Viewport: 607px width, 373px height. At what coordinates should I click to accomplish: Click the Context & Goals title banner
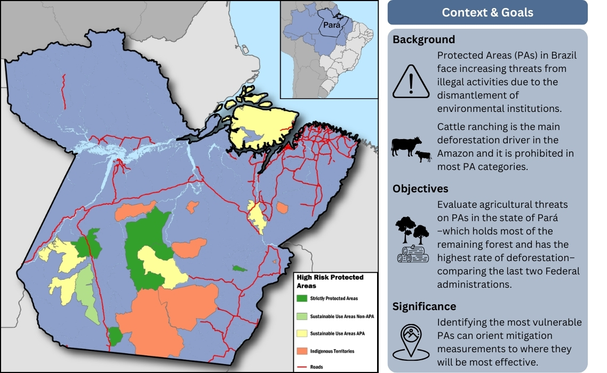click(x=487, y=12)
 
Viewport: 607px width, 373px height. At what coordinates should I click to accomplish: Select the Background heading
click(x=424, y=39)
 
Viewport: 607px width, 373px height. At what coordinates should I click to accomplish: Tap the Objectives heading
click(x=420, y=189)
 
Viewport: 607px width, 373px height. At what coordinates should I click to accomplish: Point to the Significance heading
click(x=424, y=306)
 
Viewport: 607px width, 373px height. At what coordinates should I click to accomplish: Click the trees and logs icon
click(x=413, y=239)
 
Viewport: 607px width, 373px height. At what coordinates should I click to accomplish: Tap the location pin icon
click(x=411, y=341)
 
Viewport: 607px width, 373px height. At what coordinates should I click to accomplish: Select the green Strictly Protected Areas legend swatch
click(x=302, y=298)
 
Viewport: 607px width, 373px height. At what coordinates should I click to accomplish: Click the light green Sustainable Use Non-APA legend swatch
click(x=302, y=316)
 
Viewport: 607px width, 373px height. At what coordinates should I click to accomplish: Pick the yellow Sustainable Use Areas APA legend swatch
click(x=302, y=334)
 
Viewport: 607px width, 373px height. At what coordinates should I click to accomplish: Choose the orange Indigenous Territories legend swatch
click(x=302, y=351)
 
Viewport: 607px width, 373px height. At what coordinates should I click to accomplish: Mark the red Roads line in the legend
click(x=302, y=367)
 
